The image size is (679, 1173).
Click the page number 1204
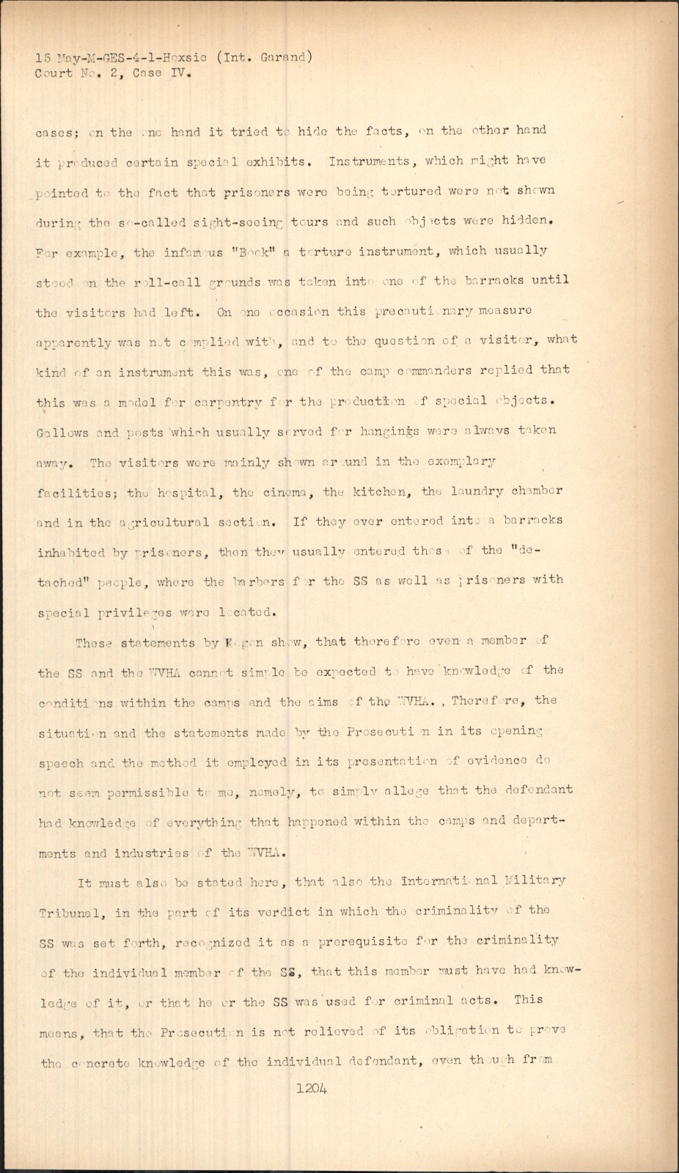[x=312, y=1089]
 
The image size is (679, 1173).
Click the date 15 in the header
[x=44, y=57]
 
